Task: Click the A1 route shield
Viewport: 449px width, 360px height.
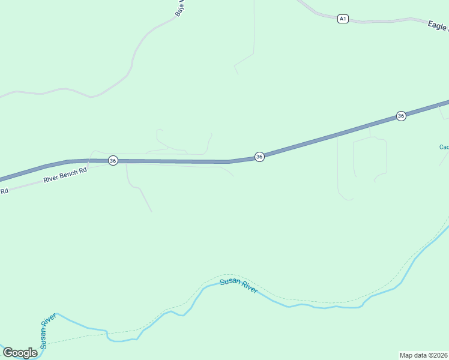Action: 342,19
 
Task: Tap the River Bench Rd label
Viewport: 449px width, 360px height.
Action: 65,175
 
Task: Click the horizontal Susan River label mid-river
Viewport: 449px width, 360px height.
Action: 238,286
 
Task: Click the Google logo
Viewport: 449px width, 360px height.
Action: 19,353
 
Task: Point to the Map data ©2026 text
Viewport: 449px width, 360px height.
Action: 423,355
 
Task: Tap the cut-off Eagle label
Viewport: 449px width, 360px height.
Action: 438,26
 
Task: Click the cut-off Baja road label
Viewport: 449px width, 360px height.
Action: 179,7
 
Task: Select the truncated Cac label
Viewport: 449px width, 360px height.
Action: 444,147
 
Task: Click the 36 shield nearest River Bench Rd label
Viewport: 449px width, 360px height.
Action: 113,161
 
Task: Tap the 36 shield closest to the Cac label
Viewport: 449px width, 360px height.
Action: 401,116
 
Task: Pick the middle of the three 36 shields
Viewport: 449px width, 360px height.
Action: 259,157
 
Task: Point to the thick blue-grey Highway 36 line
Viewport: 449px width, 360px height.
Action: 180,161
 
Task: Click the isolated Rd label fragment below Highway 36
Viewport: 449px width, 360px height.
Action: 4,191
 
